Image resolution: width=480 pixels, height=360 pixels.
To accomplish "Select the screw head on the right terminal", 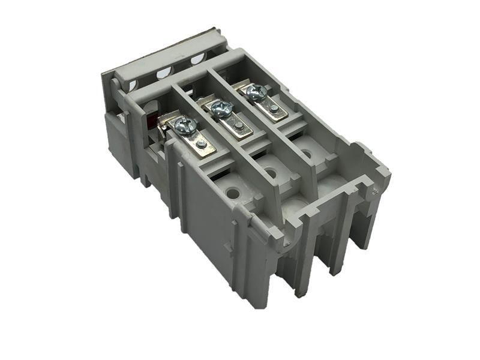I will (x=256, y=92).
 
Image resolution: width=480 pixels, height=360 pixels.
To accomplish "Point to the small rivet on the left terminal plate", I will (x=202, y=144).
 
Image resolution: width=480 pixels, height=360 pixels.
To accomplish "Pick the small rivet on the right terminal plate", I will (x=274, y=109).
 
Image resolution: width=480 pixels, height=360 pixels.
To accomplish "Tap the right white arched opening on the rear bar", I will (x=197, y=59).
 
